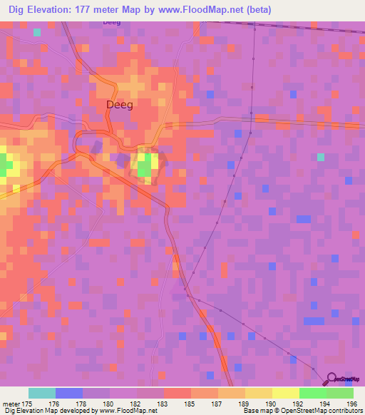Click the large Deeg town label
(120, 104)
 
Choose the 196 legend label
(351, 404)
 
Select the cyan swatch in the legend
(42, 393)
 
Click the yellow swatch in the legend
(285, 393)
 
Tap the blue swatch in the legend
(69, 393)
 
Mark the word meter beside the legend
(11, 404)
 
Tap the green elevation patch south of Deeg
(144, 168)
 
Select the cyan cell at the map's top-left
(37, 32)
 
